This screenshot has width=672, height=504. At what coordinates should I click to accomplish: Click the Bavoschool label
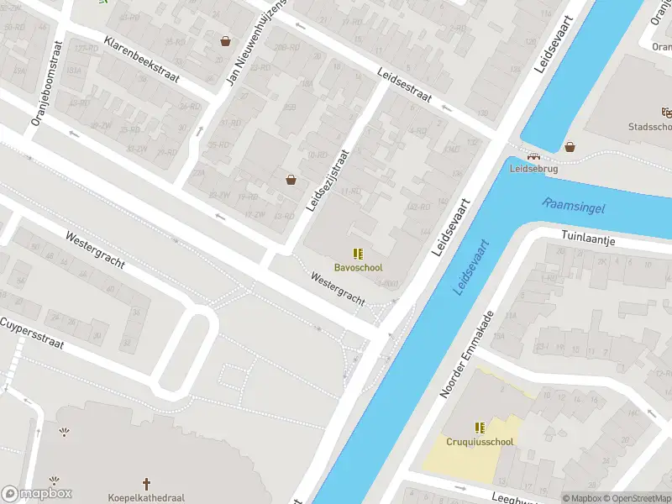point(358,268)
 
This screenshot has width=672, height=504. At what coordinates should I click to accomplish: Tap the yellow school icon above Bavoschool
point(358,254)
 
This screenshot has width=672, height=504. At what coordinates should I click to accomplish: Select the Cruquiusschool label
point(479,441)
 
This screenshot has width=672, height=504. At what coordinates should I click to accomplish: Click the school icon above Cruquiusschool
point(479,427)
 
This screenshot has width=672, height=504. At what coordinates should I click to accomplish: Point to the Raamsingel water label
point(574,205)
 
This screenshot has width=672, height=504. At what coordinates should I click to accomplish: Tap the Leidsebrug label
point(533,168)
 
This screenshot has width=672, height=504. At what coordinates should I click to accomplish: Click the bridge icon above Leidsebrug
point(533,155)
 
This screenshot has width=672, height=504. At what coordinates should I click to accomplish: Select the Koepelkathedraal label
point(146,497)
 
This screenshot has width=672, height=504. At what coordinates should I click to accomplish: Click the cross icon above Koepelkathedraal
point(146,484)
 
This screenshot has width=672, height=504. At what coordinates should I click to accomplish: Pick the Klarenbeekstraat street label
point(142,59)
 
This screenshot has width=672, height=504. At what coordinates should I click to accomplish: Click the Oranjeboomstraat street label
point(47,84)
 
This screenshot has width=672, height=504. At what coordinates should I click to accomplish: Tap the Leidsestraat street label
point(404,85)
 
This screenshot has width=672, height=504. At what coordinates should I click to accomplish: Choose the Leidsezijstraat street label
point(328,181)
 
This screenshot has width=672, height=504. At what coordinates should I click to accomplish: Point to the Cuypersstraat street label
point(32,333)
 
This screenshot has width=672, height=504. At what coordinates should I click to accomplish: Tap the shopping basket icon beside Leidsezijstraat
point(291,179)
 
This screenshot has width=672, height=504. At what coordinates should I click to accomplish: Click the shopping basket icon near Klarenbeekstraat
point(225,40)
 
